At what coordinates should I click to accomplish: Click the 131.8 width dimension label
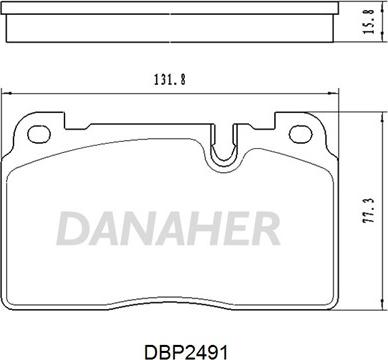[x=169, y=80]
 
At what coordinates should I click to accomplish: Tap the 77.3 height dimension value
[x=369, y=211]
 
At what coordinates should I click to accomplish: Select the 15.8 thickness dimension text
[x=369, y=21]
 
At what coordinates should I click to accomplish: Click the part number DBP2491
[x=186, y=352]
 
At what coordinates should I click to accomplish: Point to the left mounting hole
[x=39, y=134]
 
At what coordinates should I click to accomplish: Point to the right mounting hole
[x=300, y=135]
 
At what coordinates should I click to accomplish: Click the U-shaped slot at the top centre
[x=223, y=147]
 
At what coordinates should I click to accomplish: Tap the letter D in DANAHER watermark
[x=72, y=228]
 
